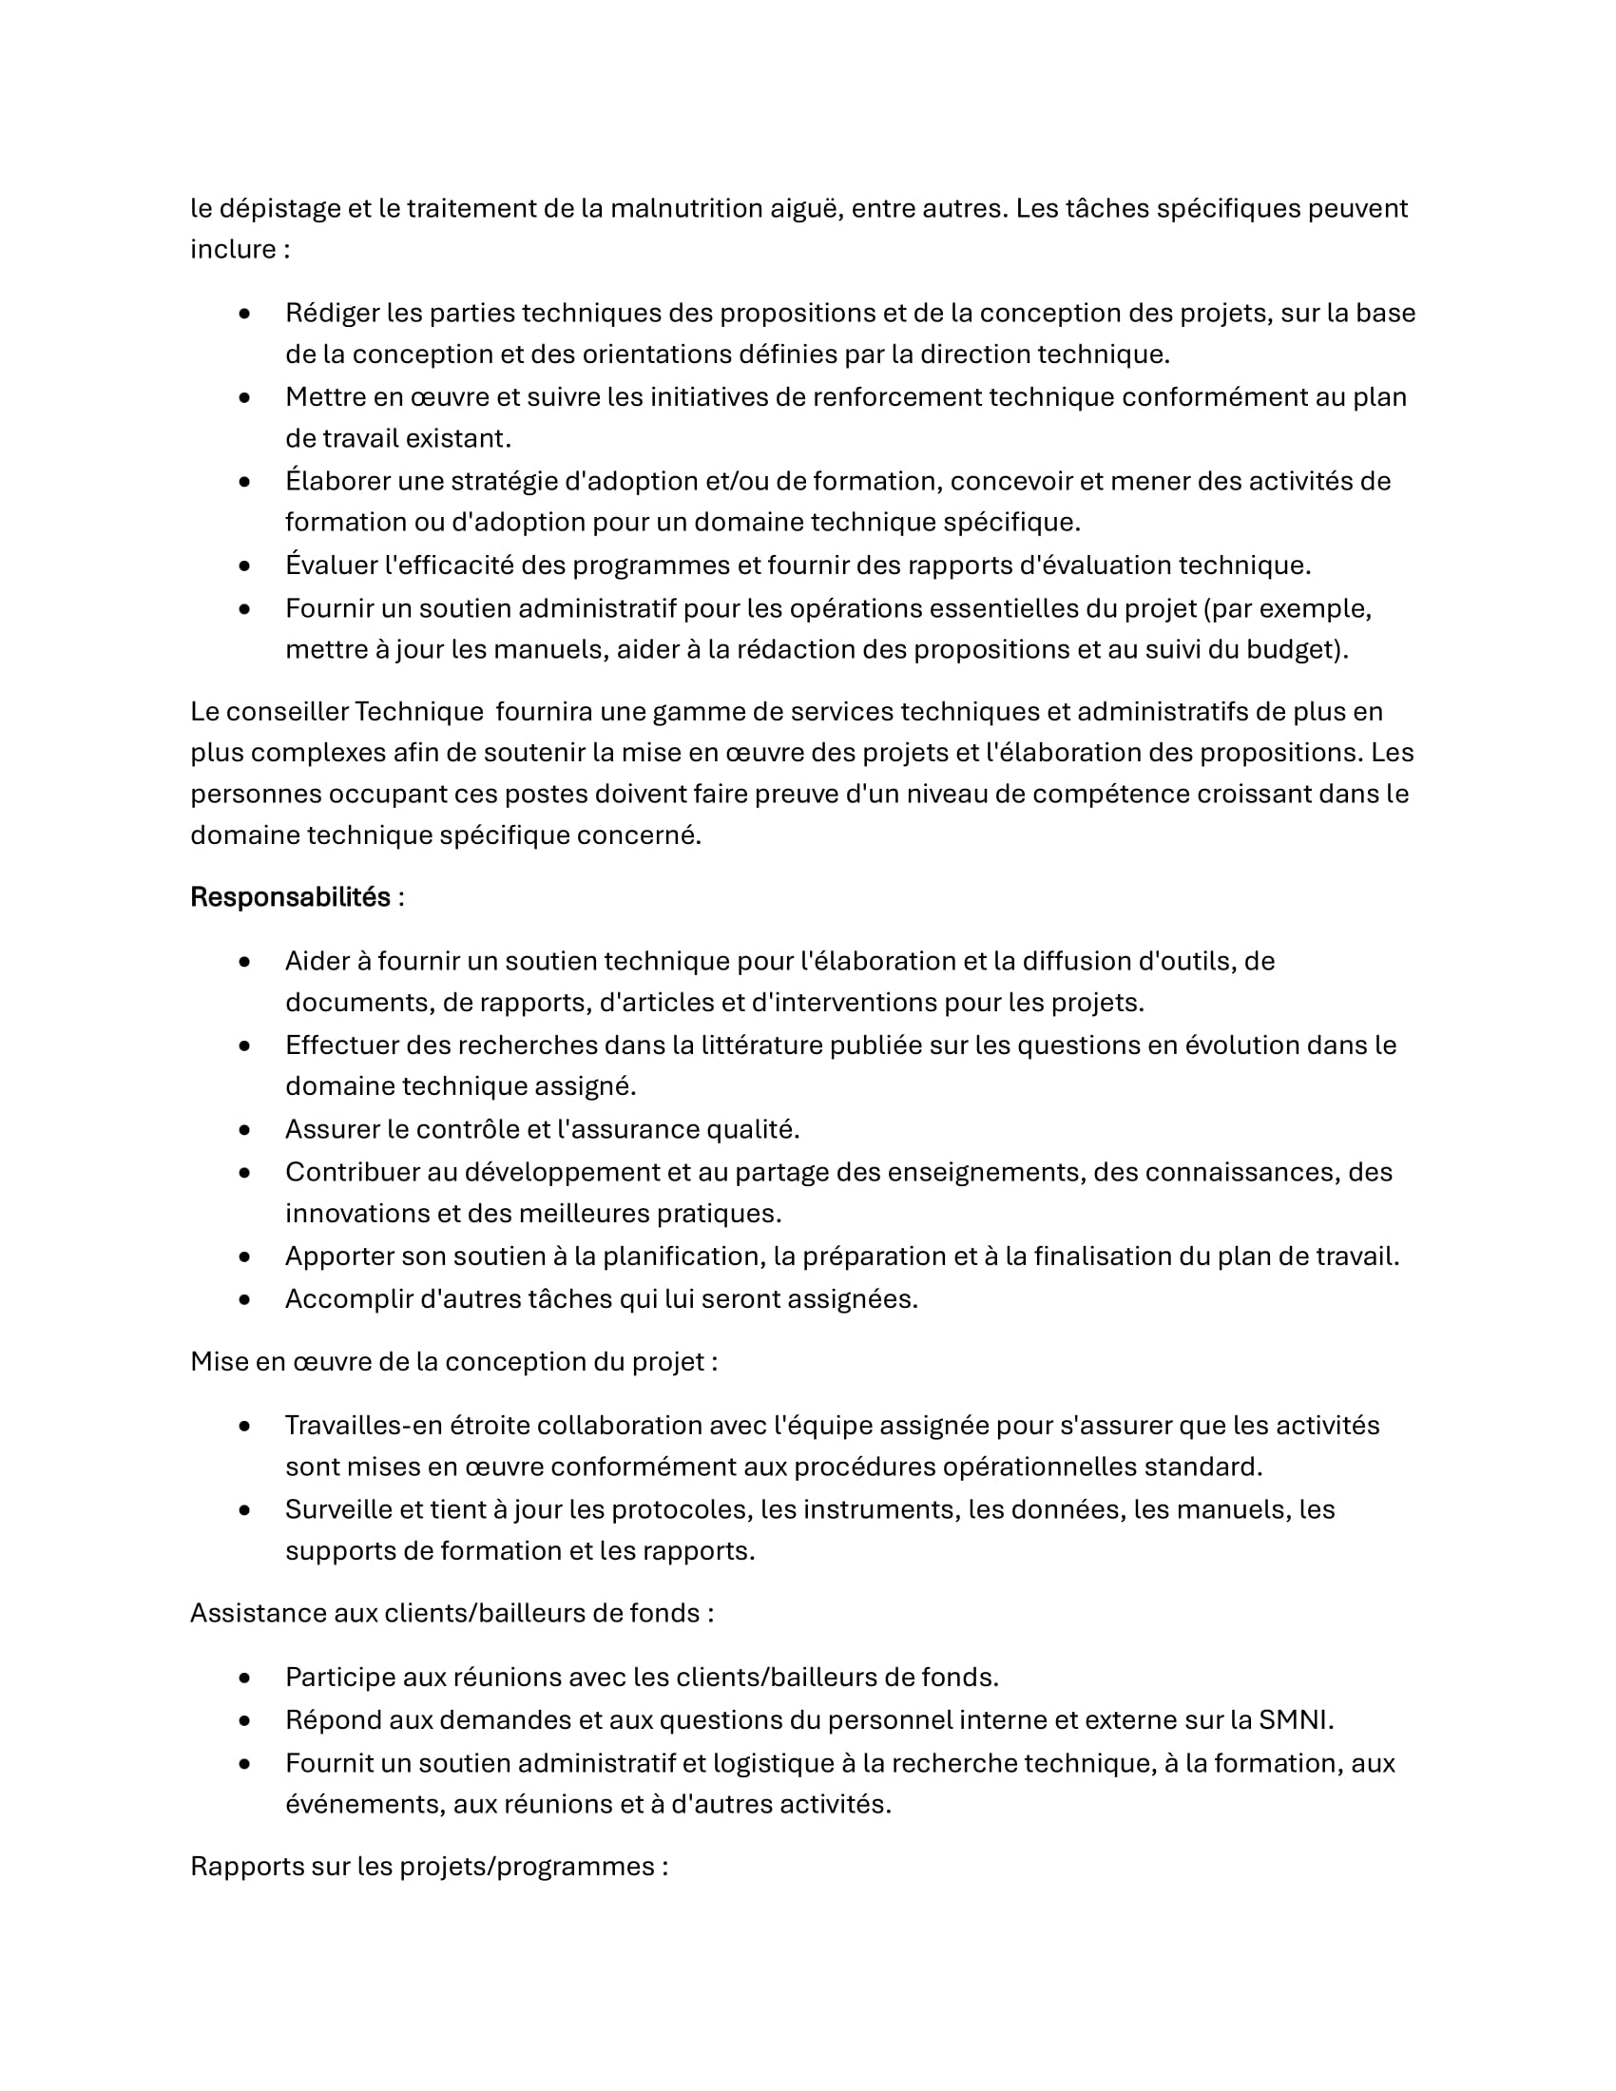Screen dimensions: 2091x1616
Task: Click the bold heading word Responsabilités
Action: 290,897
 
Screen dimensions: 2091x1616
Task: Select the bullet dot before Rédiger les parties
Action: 245,313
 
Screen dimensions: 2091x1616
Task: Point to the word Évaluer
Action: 330,565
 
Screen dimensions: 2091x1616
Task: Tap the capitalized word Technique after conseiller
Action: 419,711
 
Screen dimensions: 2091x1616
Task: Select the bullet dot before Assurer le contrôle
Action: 245,1130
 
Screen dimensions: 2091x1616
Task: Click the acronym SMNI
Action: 1293,1719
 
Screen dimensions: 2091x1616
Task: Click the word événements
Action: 365,1804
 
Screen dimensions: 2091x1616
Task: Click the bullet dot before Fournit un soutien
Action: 245,1762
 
